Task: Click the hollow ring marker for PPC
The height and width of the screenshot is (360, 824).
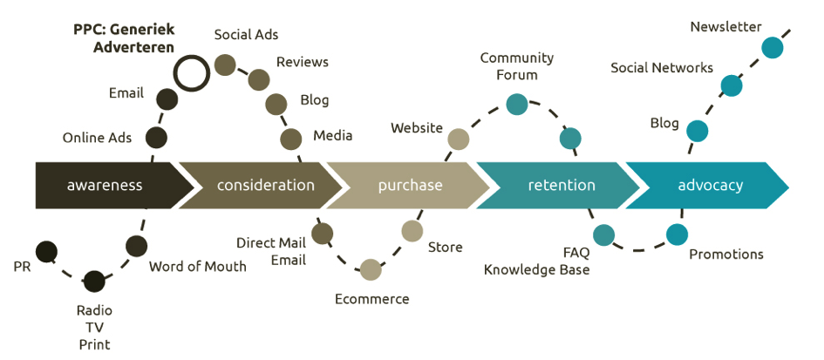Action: pos(191,73)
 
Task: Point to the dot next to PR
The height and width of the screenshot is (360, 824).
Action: pos(46,252)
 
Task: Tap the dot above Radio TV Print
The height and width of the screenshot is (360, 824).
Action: pos(94,281)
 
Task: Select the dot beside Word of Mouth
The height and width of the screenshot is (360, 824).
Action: pos(136,246)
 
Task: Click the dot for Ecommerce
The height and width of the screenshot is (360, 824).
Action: pos(371,270)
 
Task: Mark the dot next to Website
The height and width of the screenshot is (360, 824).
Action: pos(458,138)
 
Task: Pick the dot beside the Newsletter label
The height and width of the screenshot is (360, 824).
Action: pos(772,47)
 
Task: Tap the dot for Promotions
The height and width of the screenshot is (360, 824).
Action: pos(677,234)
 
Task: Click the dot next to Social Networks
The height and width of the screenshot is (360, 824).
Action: pos(732,85)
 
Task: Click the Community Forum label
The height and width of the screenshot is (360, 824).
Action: pos(516,66)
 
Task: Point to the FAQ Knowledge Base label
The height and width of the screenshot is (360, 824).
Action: pos(537,262)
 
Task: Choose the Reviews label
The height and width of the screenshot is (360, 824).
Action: pos(303,62)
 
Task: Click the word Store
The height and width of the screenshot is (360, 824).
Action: pos(445,248)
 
